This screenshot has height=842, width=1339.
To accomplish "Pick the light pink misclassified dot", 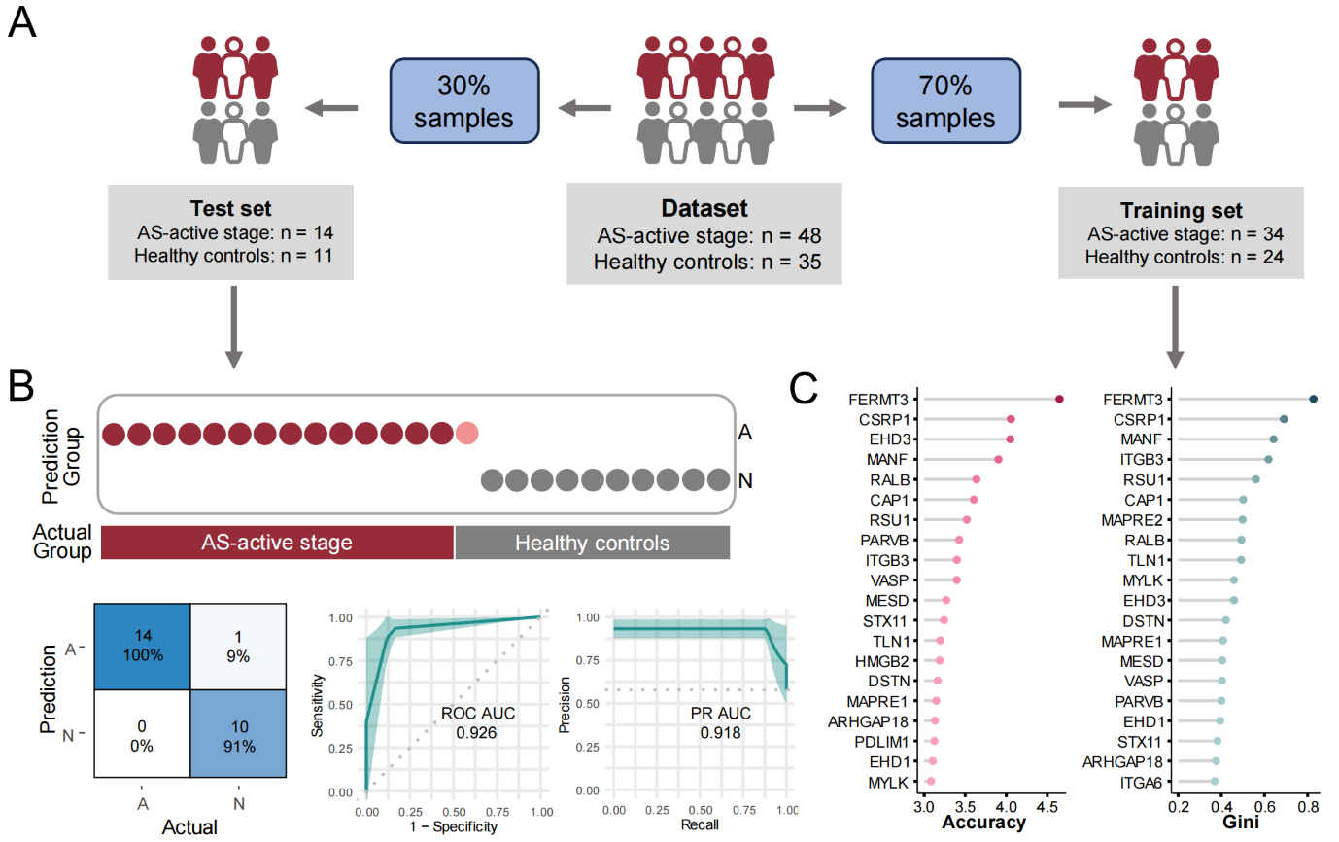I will (466, 433).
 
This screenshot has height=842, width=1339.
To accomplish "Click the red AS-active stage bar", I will (277, 543).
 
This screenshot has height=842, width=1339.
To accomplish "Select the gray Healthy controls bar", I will (592, 543).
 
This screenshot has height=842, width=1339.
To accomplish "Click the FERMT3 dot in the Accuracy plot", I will (1059, 399).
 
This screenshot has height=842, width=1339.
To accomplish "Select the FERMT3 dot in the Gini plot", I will (1313, 399).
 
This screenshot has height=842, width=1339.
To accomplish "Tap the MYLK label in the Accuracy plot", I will (891, 782).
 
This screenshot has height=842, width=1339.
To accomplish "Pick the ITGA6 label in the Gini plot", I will (1144, 782).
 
